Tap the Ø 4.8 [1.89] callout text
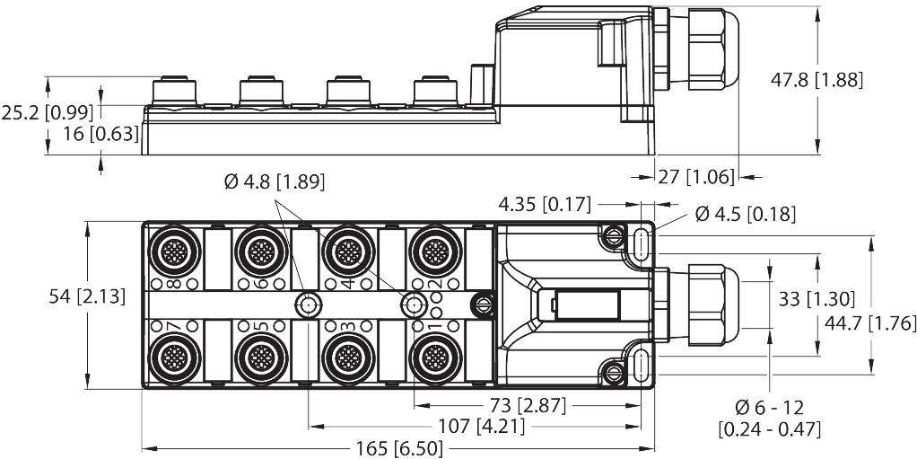tap(274, 183)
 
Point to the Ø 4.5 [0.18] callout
tap(741, 214)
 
